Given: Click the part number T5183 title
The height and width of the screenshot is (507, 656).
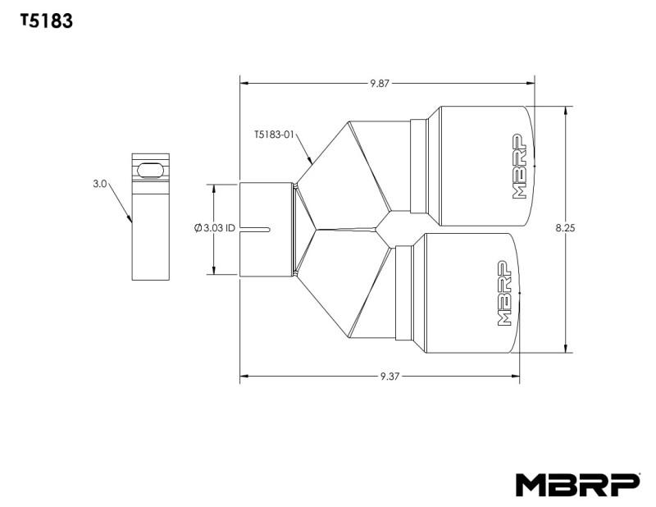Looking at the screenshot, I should (x=47, y=22).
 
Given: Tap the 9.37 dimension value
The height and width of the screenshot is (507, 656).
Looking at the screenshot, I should (x=389, y=377).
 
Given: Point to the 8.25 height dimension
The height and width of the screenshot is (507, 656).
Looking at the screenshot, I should (x=564, y=229).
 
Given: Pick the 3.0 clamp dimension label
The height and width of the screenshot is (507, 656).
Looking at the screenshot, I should (x=100, y=185).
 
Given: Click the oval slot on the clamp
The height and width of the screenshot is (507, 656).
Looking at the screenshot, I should (x=150, y=170).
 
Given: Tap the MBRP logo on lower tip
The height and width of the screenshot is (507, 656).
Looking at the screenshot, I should (x=504, y=294).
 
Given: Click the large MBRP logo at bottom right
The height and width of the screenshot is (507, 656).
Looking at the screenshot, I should (x=576, y=485).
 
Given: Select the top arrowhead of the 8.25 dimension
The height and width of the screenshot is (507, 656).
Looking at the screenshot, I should (x=566, y=110).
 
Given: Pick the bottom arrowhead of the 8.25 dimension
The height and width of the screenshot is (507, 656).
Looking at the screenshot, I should (x=566, y=349).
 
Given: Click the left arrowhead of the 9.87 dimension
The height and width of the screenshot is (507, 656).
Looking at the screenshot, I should (x=244, y=83).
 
